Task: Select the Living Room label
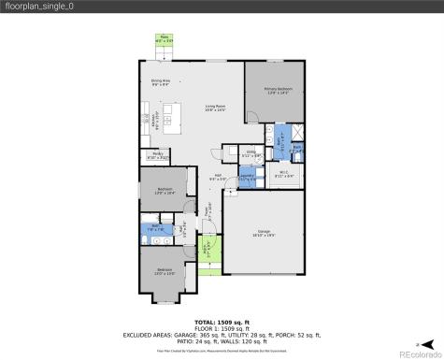tap(217, 108)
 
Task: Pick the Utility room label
tap(251, 153)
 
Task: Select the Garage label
tap(263, 234)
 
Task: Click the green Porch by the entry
tap(211, 248)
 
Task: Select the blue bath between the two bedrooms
tap(155, 228)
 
